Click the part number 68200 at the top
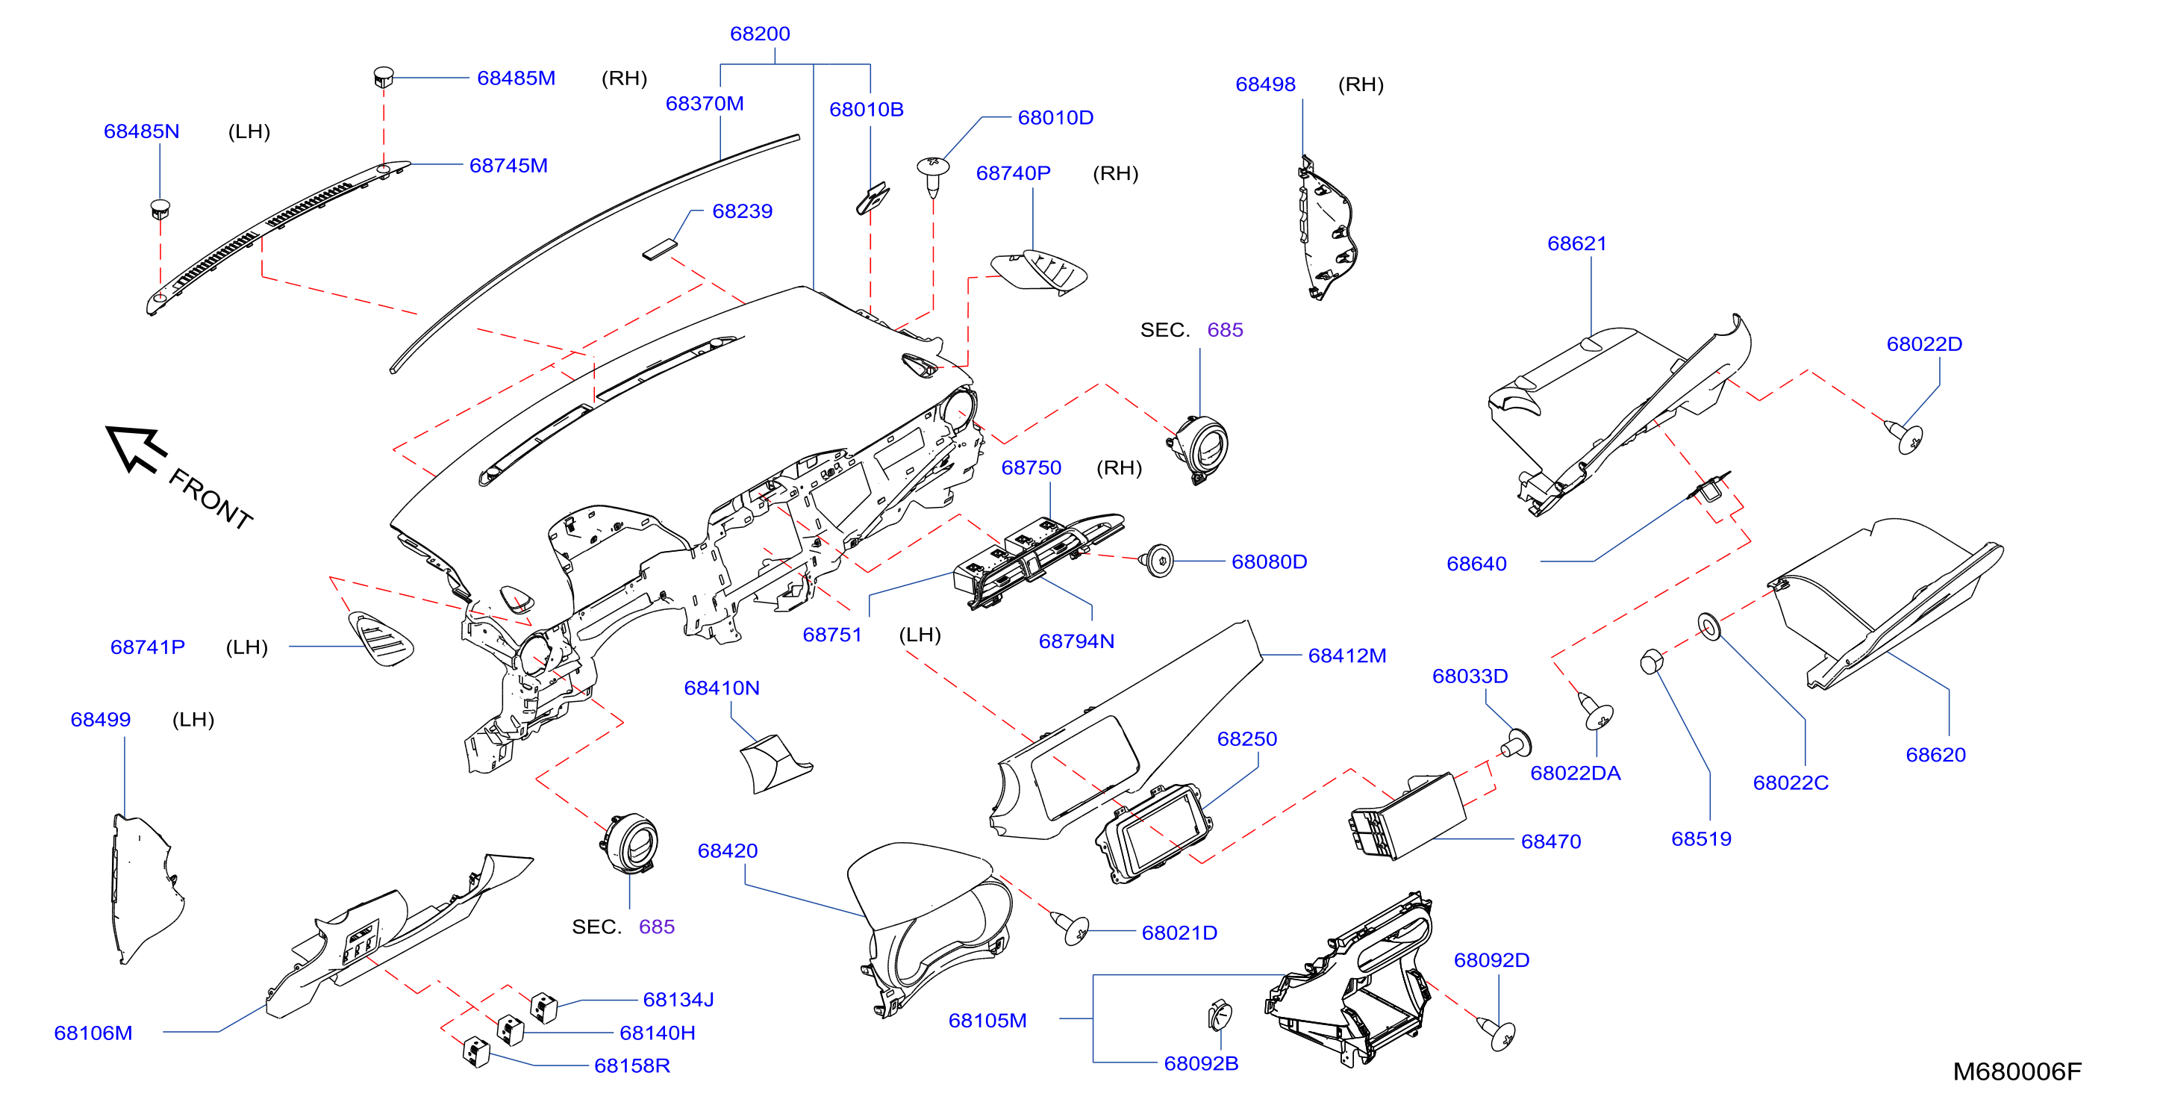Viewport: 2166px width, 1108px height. tap(759, 34)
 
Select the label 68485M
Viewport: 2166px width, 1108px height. tap(516, 78)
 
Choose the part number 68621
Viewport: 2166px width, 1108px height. tap(1576, 244)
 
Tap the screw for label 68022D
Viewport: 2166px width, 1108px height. tap(1905, 437)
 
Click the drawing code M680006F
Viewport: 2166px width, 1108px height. tap(2016, 1072)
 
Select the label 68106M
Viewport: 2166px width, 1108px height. tap(93, 1033)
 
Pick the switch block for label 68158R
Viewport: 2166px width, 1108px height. tap(477, 1052)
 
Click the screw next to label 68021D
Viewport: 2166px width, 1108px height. tap(1070, 927)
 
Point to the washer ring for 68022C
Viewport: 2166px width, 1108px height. tap(1708, 626)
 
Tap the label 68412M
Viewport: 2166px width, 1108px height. tap(1347, 656)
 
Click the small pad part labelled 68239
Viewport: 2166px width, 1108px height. tap(660, 250)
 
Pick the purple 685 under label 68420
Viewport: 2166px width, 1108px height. tap(657, 927)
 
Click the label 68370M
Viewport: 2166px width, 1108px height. tap(705, 104)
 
